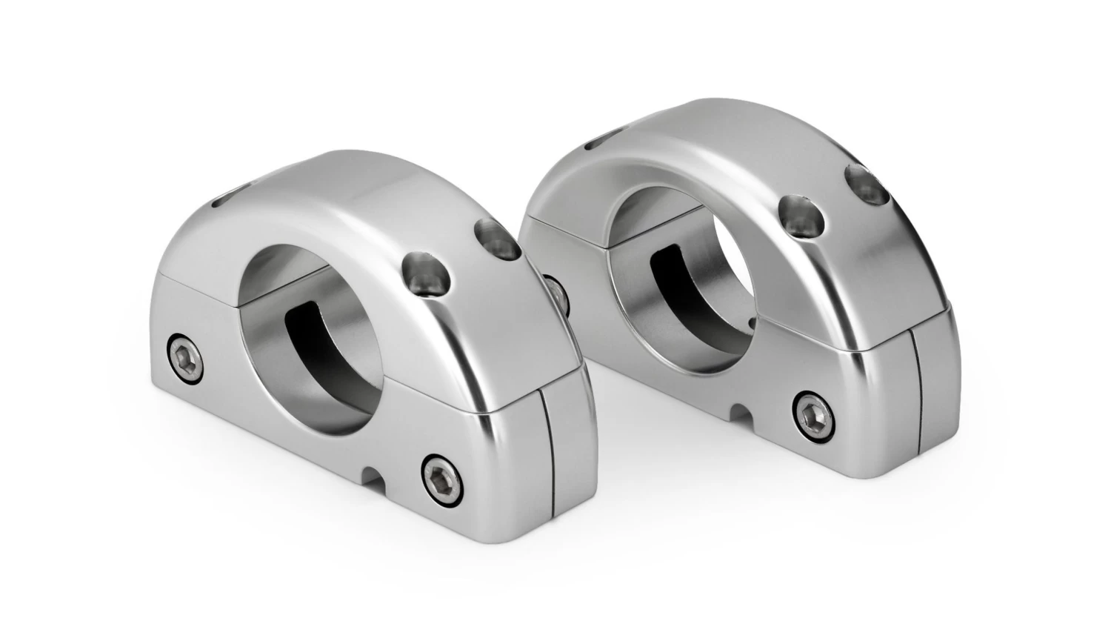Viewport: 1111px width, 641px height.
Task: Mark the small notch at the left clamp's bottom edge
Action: [x=372, y=474]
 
